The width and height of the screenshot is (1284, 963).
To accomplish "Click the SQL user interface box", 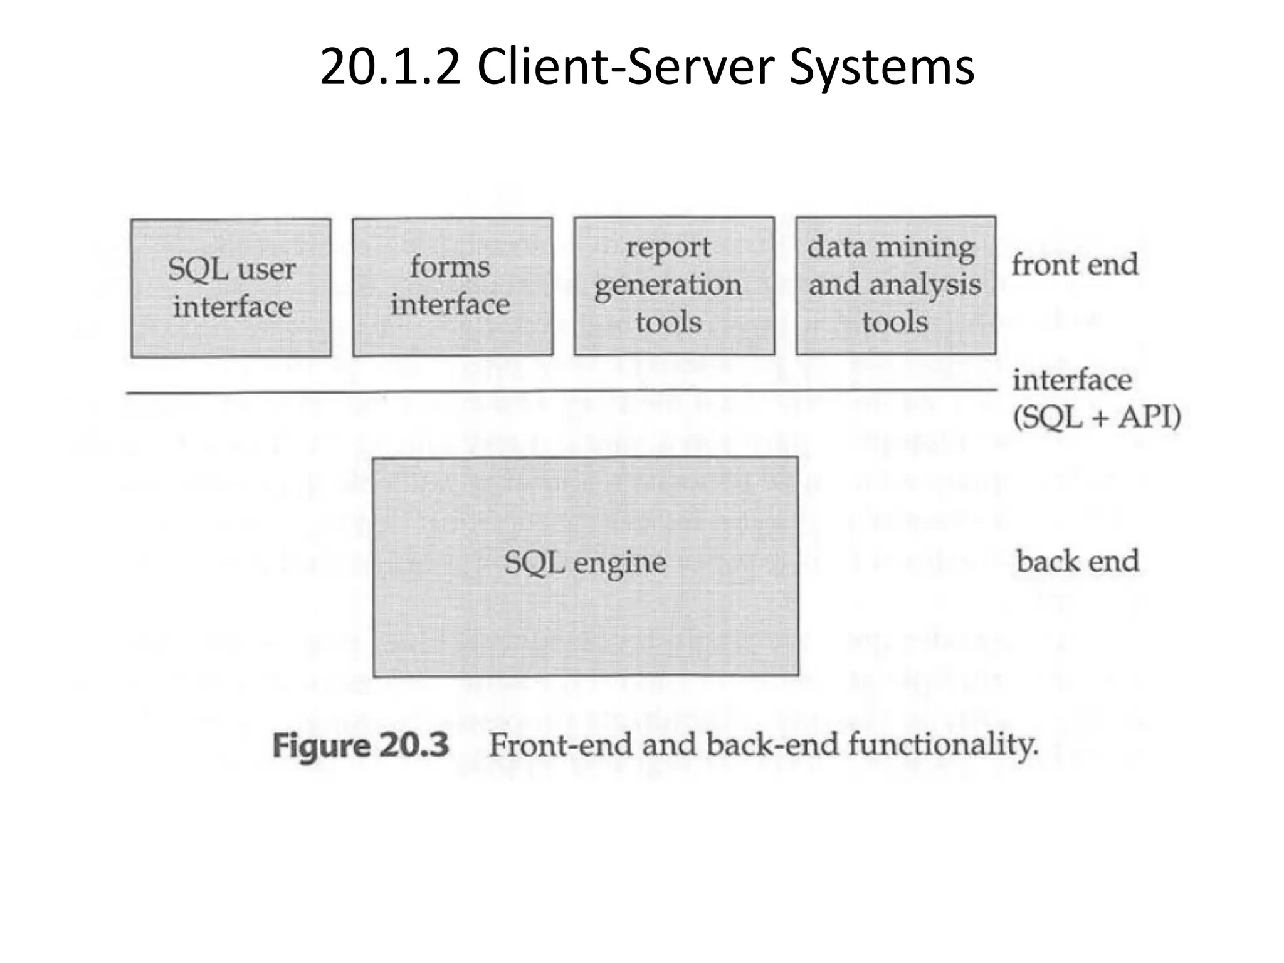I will click(x=231, y=288).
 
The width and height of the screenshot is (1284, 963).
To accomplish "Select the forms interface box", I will click(x=453, y=287).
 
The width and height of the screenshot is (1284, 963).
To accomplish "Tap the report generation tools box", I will click(x=674, y=286).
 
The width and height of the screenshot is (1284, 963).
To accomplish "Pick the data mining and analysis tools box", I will click(x=895, y=285).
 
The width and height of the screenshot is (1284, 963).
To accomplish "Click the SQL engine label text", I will click(x=585, y=562).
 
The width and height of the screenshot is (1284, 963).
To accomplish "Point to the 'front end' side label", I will click(x=1075, y=265).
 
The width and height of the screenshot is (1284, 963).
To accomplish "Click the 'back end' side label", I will click(x=1077, y=561).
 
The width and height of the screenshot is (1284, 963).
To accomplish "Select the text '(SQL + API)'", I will click(x=1097, y=417).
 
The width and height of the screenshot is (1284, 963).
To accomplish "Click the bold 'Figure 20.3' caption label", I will click(x=360, y=746).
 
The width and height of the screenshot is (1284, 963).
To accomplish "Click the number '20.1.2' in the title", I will click(x=389, y=68).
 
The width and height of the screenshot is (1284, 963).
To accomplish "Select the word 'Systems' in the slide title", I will click(x=881, y=68).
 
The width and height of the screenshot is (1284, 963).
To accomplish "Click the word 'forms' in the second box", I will click(x=450, y=267).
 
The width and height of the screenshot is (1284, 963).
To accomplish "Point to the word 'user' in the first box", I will click(x=266, y=270).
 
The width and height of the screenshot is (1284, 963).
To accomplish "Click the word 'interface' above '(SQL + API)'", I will click(x=1072, y=380).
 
